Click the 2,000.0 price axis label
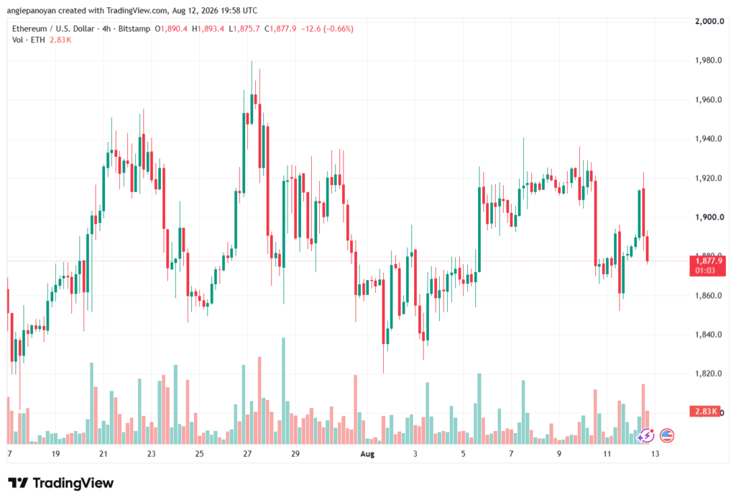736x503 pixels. pyautogui.click(x=709, y=21)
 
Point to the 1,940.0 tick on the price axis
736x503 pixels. pyautogui.click(x=708, y=139)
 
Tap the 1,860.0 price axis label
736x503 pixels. pyautogui.click(x=708, y=296)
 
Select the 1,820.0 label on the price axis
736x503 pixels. pyautogui.click(x=708, y=373)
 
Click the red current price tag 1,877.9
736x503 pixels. pyautogui.click(x=708, y=261)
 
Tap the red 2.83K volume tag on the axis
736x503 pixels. pyautogui.click(x=705, y=412)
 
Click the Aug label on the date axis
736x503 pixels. pyautogui.click(x=367, y=453)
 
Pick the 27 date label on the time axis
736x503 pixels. pyautogui.click(x=247, y=453)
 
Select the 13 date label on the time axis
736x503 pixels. pyautogui.click(x=655, y=453)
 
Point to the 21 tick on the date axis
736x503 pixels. pyautogui.click(x=103, y=453)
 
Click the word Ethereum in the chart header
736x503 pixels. pyautogui.click(x=29, y=29)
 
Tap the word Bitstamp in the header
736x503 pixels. pyautogui.click(x=134, y=29)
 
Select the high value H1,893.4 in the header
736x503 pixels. pyautogui.click(x=208, y=29)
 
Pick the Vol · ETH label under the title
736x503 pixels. pyautogui.click(x=29, y=40)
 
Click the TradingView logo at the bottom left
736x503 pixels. pyautogui.click(x=61, y=483)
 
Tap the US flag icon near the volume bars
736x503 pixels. pyautogui.click(x=667, y=436)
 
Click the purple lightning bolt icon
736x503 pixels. pyautogui.click(x=646, y=436)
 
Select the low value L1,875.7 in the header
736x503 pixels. pyautogui.click(x=244, y=29)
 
